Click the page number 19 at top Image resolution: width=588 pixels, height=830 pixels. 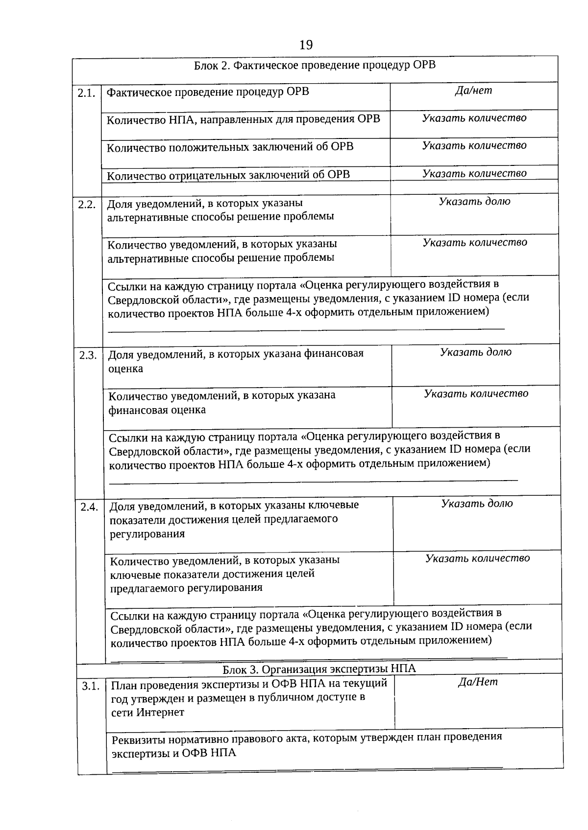tap(305, 45)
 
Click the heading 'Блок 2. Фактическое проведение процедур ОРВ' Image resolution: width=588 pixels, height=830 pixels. tap(315, 66)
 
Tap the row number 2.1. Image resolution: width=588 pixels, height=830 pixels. tap(86, 93)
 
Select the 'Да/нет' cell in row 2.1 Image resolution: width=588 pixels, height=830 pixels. tap(473, 91)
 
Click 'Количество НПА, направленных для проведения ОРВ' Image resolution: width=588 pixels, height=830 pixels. tap(243, 119)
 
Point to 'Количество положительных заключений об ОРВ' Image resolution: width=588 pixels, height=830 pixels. tap(230, 147)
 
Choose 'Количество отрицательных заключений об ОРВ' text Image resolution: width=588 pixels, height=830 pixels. tap(228, 175)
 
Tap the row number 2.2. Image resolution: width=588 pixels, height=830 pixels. tap(87, 205)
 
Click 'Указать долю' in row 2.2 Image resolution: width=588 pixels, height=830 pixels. tap(474, 201)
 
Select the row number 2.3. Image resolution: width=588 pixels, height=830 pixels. tap(88, 356)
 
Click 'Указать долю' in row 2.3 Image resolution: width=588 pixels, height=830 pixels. tap(475, 352)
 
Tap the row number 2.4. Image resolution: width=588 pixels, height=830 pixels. tap(89, 507)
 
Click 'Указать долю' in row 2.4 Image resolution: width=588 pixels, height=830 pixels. tap(477, 504)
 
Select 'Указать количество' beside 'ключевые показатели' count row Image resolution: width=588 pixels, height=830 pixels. tap(477, 558)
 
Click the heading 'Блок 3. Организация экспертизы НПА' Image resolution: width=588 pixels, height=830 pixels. tap(319, 669)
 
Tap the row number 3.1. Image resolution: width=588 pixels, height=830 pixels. tap(91, 686)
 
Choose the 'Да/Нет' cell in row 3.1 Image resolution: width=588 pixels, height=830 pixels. tap(478, 682)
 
